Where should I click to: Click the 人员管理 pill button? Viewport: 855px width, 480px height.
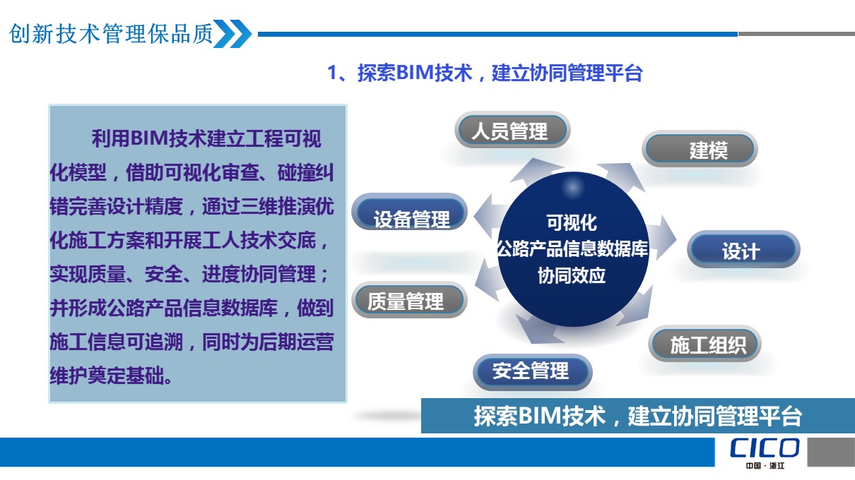click(x=512, y=130)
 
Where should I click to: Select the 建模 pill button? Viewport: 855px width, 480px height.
click(x=700, y=149)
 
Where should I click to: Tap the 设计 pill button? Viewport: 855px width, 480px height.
click(x=743, y=249)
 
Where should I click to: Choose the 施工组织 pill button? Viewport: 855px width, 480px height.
click(x=705, y=344)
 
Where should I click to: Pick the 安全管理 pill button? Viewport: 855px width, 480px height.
click(x=533, y=372)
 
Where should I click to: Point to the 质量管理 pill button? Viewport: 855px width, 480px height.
click(x=409, y=300)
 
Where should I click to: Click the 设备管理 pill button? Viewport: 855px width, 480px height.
click(x=410, y=212)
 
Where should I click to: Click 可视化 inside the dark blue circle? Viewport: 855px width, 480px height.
click(x=572, y=222)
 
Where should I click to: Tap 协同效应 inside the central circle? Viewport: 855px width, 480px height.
click(x=572, y=275)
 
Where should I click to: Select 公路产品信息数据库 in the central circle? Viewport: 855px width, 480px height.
click(x=572, y=249)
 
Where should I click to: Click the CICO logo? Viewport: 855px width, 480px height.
click(x=765, y=448)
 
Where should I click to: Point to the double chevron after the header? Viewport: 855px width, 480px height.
click(x=232, y=34)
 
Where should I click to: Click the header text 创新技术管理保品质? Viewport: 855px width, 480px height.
click(x=111, y=34)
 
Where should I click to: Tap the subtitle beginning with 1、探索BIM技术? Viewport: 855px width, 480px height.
click(x=485, y=73)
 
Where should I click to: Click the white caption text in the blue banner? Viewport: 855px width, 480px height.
click(x=637, y=416)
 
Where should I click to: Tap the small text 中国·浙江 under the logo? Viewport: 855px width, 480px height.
click(x=765, y=465)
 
